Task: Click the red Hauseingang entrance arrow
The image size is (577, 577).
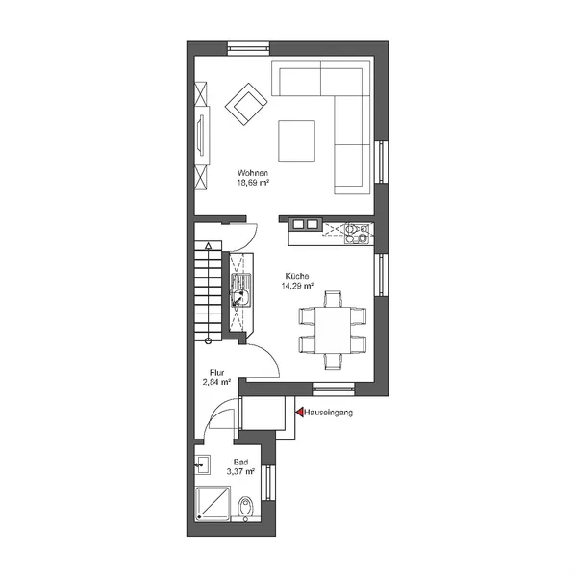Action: click(300, 412)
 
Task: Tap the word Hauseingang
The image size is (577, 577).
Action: click(328, 413)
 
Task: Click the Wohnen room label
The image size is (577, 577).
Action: click(253, 172)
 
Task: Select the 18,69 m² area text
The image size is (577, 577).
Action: click(252, 182)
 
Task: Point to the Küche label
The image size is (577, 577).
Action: click(297, 276)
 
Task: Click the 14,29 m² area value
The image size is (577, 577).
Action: click(297, 286)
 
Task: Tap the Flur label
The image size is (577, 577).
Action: click(216, 372)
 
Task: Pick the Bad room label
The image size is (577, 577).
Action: click(240, 462)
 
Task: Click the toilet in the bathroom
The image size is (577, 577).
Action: click(245, 508)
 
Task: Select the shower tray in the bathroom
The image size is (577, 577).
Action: click(213, 504)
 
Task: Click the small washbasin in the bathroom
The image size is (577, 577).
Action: click(202, 464)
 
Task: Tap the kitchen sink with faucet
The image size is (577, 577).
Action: click(240, 290)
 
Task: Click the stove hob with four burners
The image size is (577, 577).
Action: click(357, 234)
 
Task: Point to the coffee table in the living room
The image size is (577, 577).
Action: click(296, 140)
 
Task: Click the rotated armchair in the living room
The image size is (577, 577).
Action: click(246, 104)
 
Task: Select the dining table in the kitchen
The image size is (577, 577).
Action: click(333, 331)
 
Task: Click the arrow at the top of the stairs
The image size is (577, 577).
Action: click(209, 246)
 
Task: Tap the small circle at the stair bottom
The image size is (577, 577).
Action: click(209, 340)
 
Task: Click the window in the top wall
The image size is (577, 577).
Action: click(248, 48)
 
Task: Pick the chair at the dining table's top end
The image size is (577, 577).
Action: click(333, 299)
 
